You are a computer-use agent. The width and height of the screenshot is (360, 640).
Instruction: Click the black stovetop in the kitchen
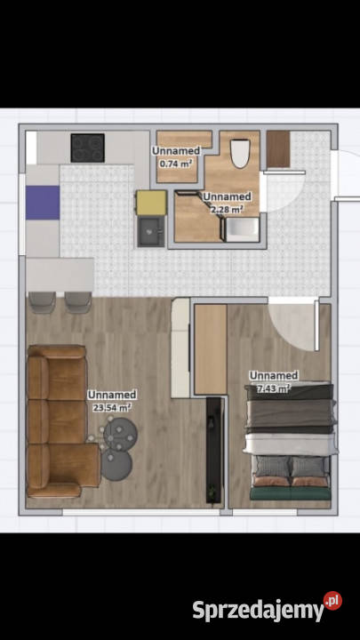point(87,147)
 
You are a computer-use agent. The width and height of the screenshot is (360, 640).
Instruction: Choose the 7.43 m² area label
point(273,388)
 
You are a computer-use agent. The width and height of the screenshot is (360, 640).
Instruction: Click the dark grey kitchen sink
point(151,231)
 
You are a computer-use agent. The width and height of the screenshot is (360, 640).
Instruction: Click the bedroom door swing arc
point(293,324)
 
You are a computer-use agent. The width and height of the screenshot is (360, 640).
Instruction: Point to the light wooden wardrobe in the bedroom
point(210,348)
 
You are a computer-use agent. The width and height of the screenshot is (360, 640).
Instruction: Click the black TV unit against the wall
point(214,450)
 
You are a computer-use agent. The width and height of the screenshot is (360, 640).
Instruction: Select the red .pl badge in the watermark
point(332,601)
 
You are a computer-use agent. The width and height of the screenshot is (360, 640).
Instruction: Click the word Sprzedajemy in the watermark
point(257,610)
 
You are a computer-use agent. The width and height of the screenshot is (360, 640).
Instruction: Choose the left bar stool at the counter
point(41,301)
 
